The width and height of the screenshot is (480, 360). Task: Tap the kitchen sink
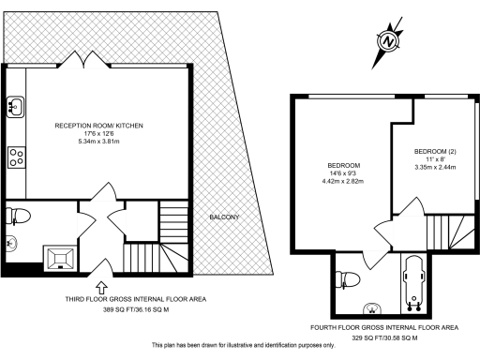point(15,107)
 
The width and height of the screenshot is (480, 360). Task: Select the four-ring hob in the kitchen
point(15,157)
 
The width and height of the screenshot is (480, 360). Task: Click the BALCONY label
point(224,217)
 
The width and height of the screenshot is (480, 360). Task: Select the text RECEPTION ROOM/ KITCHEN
point(98,125)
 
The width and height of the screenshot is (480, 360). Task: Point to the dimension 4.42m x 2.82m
point(344,181)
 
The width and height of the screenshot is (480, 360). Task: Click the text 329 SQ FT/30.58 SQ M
point(383,337)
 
